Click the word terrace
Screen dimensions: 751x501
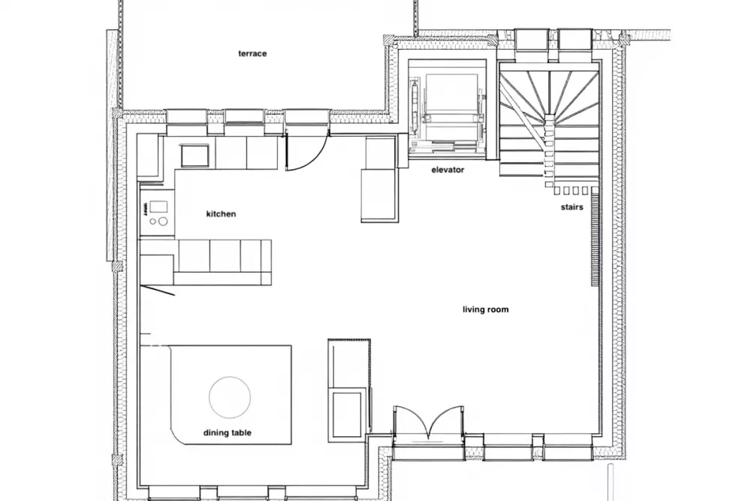pyautogui.click(x=252, y=53)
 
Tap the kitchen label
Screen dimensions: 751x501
pyautogui.click(x=221, y=213)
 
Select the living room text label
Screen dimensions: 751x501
pyautogui.click(x=486, y=309)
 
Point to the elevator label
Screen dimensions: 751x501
pyautogui.click(x=448, y=170)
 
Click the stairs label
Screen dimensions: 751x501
pyautogui.click(x=572, y=207)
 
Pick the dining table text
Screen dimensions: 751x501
pyautogui.click(x=227, y=433)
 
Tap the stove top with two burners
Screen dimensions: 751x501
pyautogui.click(x=158, y=213)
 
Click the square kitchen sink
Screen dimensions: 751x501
pyautogui.click(x=195, y=155)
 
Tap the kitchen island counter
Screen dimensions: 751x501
pyautogui.click(x=222, y=262)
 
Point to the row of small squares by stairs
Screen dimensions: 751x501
pyautogui.click(x=571, y=191)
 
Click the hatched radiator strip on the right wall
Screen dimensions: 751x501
pyautogui.click(x=596, y=237)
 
